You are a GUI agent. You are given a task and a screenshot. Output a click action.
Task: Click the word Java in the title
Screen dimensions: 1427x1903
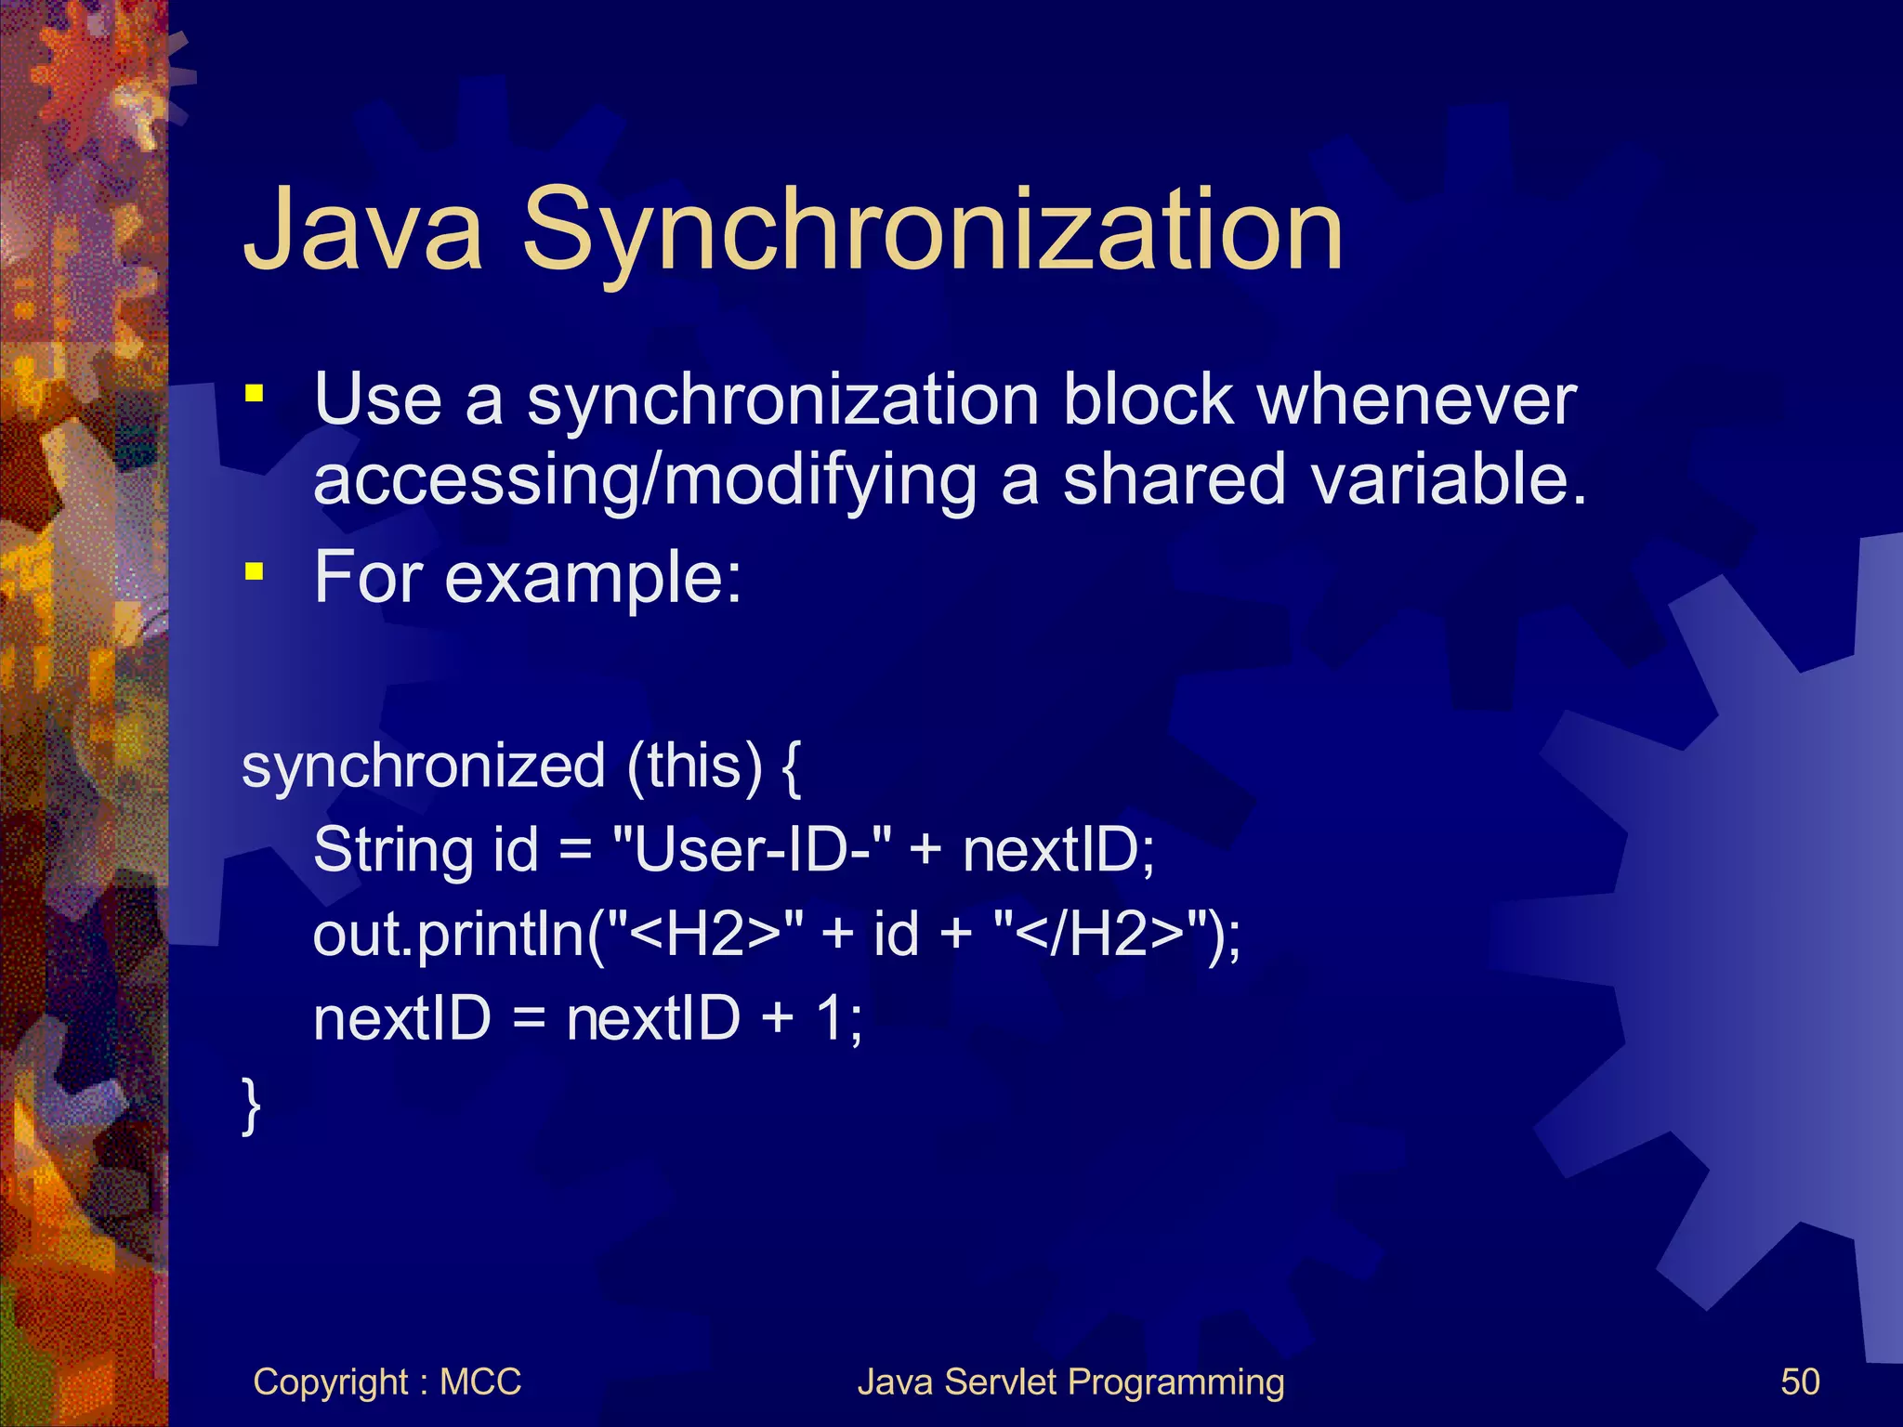click(362, 229)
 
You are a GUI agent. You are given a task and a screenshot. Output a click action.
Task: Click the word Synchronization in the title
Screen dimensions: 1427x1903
click(932, 229)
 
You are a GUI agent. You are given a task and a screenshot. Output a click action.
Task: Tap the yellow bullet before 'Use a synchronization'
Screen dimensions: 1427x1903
click(254, 394)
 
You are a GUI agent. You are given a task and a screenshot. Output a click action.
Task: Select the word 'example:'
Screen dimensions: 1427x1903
click(594, 578)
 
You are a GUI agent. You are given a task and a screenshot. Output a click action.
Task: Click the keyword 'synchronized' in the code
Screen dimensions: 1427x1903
click(424, 766)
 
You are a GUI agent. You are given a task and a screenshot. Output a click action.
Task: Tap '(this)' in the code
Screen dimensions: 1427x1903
click(694, 766)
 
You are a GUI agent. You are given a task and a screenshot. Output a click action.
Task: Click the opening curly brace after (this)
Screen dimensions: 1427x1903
click(791, 768)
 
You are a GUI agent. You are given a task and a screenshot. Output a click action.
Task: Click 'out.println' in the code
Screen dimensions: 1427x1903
click(450, 934)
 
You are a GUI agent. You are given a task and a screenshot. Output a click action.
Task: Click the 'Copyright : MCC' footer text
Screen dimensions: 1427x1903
click(387, 1381)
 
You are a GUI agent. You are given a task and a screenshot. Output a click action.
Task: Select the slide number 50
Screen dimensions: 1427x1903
click(1800, 1381)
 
